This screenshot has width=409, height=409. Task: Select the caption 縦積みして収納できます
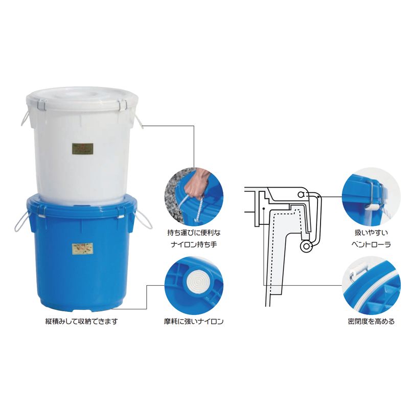[x=82, y=321]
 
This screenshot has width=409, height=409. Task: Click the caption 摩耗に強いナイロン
[x=194, y=321]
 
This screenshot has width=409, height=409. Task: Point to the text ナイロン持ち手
[x=194, y=245]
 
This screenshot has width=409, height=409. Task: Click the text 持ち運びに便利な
[x=194, y=233]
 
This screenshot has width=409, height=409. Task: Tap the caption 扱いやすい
[x=371, y=233]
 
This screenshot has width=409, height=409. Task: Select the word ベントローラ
[x=371, y=245]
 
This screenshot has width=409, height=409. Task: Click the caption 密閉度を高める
[x=371, y=321]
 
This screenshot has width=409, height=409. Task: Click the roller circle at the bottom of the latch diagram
[x=306, y=246]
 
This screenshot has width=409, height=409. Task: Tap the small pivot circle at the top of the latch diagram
[x=301, y=194]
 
